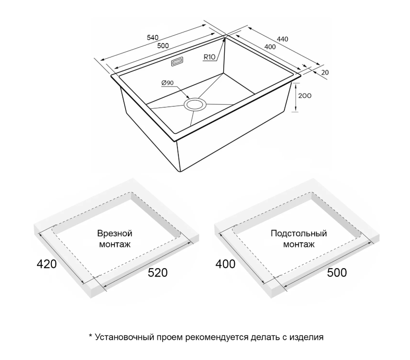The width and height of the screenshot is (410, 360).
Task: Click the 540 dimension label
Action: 152,38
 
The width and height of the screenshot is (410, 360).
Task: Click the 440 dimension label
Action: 283,39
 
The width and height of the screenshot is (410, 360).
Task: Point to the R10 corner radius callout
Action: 209,57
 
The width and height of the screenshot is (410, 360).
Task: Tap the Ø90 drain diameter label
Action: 168,83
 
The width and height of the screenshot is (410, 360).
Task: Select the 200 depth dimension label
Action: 305,96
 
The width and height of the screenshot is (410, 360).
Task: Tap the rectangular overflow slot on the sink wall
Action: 177,62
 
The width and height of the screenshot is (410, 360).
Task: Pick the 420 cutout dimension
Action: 46,264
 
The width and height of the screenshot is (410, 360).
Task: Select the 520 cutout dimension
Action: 158,273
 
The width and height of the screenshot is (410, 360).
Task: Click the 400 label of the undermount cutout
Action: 226,264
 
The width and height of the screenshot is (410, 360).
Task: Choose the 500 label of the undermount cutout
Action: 337,273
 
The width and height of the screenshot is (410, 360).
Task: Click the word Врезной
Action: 114,233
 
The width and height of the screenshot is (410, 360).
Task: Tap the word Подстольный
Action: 299,233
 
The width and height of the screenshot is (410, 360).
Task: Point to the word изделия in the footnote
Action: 306,337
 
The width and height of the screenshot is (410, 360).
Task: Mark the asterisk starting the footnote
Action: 91,336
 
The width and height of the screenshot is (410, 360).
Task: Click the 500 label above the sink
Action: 163,46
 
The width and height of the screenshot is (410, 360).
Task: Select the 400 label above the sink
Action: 270,47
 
